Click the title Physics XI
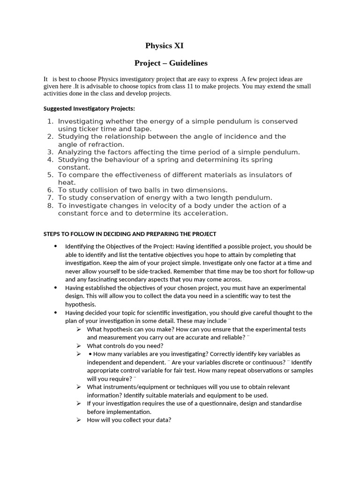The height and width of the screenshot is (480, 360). pyautogui.click(x=164, y=45)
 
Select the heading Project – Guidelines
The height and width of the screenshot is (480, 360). pyautogui.click(x=171, y=63)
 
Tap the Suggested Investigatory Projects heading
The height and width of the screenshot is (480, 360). pyautogui.click(x=89, y=109)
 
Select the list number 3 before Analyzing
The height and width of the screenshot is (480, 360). pyautogui.click(x=51, y=152)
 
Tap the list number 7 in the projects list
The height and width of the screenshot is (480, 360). pyautogui.click(x=51, y=198)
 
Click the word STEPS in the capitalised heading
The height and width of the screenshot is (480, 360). pyautogui.click(x=52, y=234)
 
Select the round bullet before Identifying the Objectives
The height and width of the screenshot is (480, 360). pyautogui.click(x=56, y=246)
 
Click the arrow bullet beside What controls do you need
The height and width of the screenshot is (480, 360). pyautogui.click(x=79, y=345)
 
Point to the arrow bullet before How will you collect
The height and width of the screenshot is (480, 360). pyautogui.click(x=79, y=420)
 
